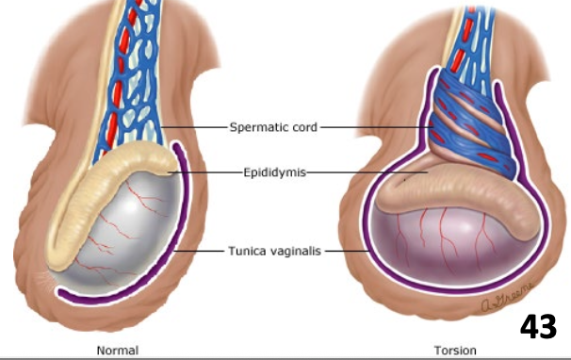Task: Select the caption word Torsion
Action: [x=454, y=351]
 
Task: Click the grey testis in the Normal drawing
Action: [x=132, y=236]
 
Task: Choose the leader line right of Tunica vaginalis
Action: [x=348, y=252]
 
